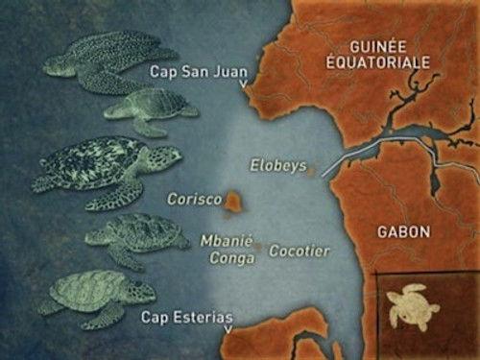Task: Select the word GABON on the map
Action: [405, 231]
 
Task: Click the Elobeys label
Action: [277, 165]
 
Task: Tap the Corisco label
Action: [195, 200]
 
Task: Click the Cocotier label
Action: [300, 251]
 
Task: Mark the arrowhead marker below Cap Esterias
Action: [228, 330]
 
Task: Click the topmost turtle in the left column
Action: [106, 60]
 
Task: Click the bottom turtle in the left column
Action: [96, 293]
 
